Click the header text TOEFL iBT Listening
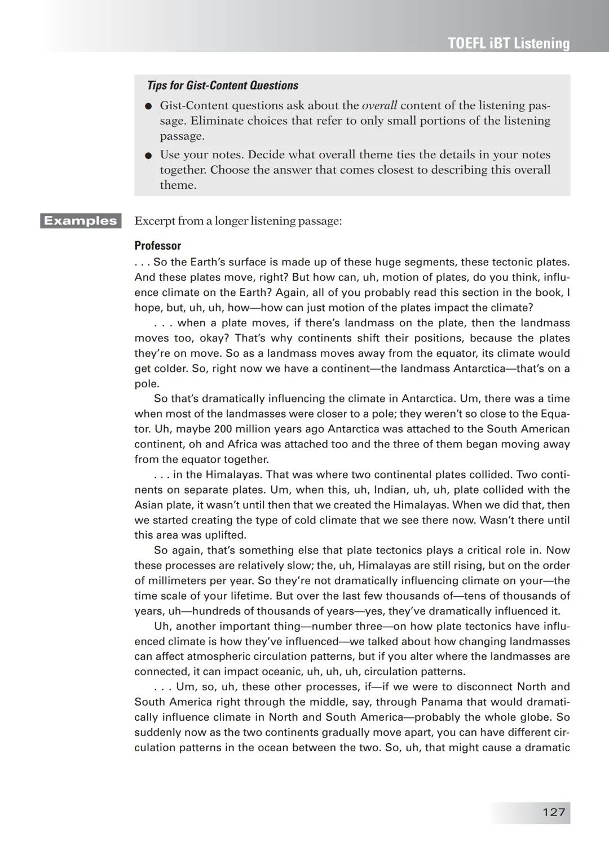509,43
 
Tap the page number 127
553,812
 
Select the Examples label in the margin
81,220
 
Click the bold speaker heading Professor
157,246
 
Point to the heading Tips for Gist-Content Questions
222,86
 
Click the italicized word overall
379,105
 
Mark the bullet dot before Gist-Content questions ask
148,106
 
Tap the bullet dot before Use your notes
148,155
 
